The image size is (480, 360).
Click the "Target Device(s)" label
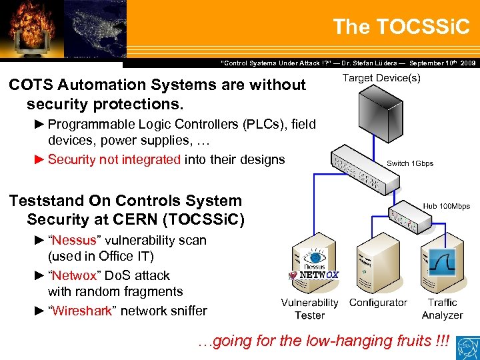coord(381,79)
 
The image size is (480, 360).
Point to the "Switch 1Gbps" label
coord(409,163)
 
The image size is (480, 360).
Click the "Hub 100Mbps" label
coord(446,206)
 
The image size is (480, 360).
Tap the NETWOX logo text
coord(319,275)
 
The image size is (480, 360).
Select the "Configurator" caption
coord(378,303)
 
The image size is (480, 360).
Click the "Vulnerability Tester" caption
coord(309,309)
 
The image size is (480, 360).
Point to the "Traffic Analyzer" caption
coord(442,309)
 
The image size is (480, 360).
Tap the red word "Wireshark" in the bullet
coord(83,311)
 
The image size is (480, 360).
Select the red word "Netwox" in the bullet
coord(75,275)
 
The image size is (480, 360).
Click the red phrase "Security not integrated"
coord(114,159)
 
